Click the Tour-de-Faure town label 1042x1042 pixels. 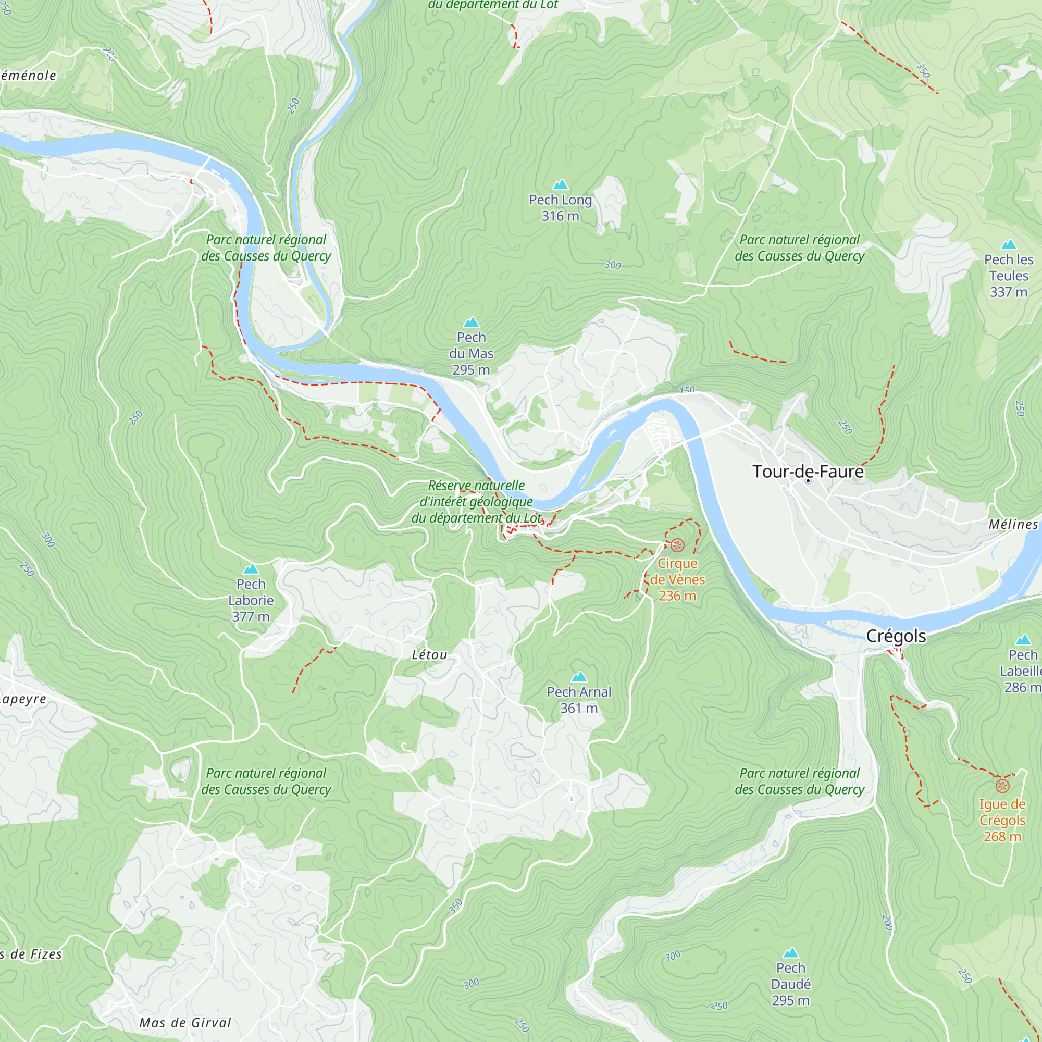pos(808,472)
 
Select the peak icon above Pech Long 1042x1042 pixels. pos(561,185)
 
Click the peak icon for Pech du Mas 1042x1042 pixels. pos(471,322)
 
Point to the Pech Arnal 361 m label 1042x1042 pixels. pos(579,700)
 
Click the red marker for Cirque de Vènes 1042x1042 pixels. pos(677,545)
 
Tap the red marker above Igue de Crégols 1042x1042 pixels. pos(1002,786)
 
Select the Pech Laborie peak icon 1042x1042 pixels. pos(251,569)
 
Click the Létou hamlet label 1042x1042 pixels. pos(429,655)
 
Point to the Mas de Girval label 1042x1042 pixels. pos(185,1023)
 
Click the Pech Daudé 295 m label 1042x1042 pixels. pos(790,984)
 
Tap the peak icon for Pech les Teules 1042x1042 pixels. pos(1009,245)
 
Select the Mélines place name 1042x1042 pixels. pos(1013,524)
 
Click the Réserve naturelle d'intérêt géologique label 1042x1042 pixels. pos(476,502)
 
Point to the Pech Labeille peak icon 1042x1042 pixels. pos(1023,640)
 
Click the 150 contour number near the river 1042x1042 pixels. pos(687,390)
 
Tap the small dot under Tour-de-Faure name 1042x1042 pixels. pos(808,480)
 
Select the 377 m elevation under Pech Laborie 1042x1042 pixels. pos(251,616)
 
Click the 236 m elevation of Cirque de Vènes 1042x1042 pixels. pos(677,596)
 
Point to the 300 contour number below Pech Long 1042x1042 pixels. pos(613,265)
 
